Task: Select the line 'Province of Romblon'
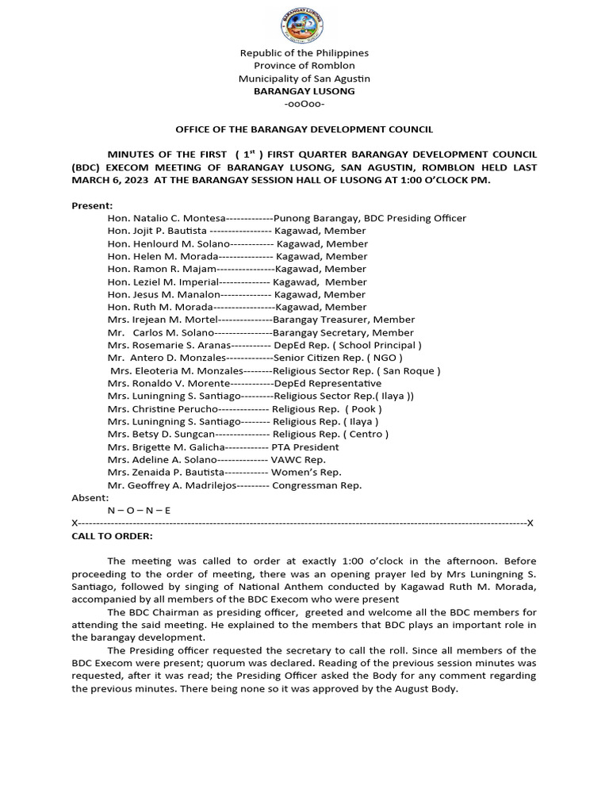click(304, 66)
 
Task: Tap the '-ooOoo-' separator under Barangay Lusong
click(304, 104)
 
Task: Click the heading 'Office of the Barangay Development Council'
click(304, 129)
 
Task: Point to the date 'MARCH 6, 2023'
click(110, 180)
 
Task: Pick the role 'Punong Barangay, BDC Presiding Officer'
click(370, 218)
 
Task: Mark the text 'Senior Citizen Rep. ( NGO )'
click(337, 358)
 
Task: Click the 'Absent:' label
click(90, 497)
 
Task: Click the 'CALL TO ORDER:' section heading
click(112, 536)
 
